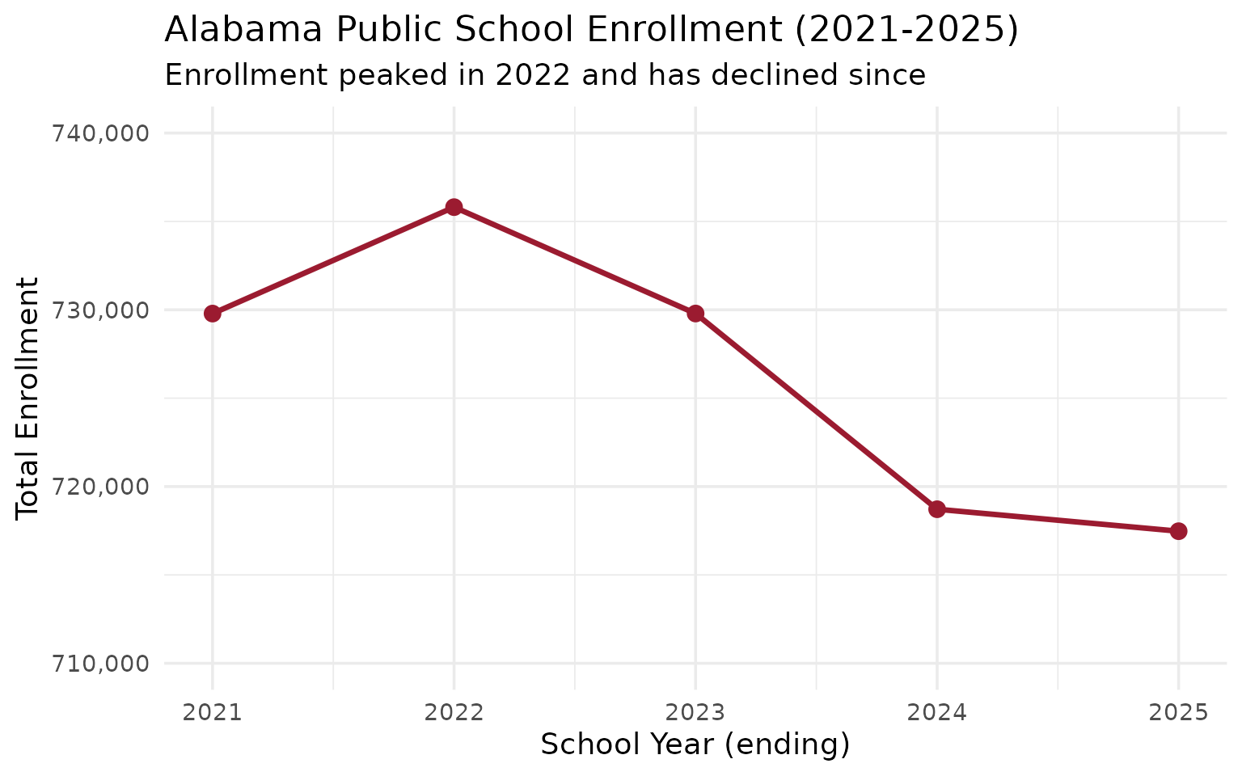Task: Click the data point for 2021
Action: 213,313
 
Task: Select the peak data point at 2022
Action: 454,207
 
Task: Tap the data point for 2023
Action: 695,313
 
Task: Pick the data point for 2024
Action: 937,509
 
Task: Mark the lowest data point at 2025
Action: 1178,531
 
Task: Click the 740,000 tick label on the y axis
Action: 101,133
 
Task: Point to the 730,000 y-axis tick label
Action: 101,310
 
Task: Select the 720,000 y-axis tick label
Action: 101,487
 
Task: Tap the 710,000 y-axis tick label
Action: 101,664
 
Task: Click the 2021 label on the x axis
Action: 213,713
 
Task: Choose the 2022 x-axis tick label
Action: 454,713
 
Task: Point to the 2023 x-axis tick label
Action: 695,713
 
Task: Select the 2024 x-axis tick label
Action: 937,713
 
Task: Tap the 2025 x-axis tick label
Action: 1178,713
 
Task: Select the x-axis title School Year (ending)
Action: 695,745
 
